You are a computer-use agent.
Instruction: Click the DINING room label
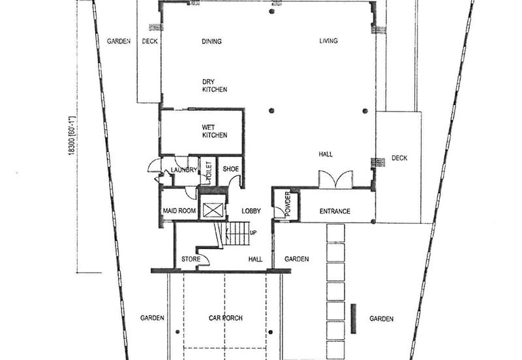pyautogui.click(x=211, y=42)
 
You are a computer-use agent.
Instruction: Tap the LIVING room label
pyautogui.click(x=328, y=42)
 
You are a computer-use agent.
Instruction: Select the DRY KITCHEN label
pyautogui.click(x=214, y=85)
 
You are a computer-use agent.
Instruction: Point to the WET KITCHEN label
pyautogui.click(x=214, y=131)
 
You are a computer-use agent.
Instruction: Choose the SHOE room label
pyautogui.click(x=230, y=168)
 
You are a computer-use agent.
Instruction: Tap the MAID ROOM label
pyautogui.click(x=179, y=211)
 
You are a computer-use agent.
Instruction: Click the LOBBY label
pyautogui.click(x=251, y=211)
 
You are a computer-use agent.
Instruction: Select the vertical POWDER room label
pyautogui.click(x=287, y=205)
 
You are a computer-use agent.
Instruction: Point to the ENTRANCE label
pyautogui.click(x=335, y=211)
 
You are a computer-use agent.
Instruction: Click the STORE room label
pyautogui.click(x=190, y=260)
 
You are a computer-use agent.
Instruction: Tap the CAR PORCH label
pyautogui.click(x=226, y=318)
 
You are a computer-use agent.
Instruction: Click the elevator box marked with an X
pyautogui.click(x=213, y=210)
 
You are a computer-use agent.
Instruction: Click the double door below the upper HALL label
pyautogui.click(x=335, y=179)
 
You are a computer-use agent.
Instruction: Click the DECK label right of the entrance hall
pyautogui.click(x=399, y=158)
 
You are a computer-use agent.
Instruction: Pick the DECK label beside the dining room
pyautogui.click(x=149, y=42)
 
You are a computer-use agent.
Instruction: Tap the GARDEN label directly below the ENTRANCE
pyautogui.click(x=296, y=259)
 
